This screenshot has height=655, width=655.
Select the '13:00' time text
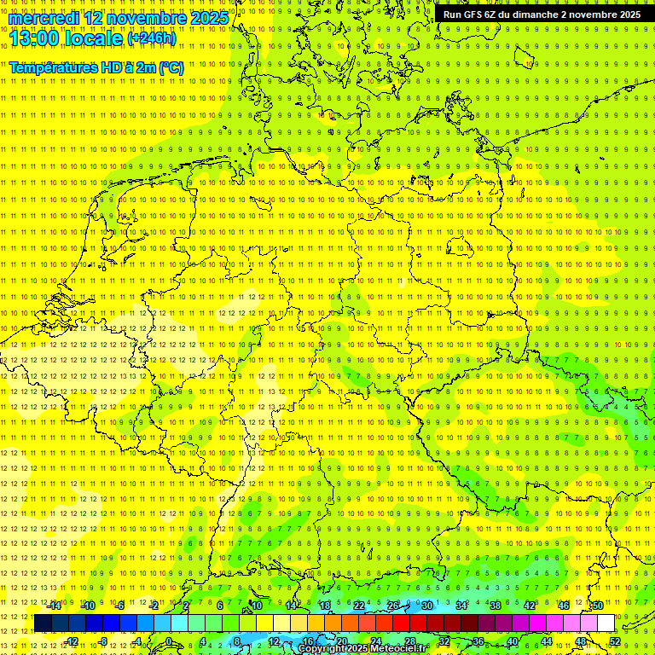[34, 38]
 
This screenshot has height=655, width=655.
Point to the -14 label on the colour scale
[55, 606]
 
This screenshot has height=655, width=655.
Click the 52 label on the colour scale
[615, 641]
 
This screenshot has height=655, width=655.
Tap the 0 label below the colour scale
[169, 641]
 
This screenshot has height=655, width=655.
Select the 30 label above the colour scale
[426, 606]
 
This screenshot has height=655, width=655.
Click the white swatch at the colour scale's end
[606, 623]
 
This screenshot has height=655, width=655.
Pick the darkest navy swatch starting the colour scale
[43, 623]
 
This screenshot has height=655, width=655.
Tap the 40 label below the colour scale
[512, 641]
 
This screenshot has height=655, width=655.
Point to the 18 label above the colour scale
[324, 606]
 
